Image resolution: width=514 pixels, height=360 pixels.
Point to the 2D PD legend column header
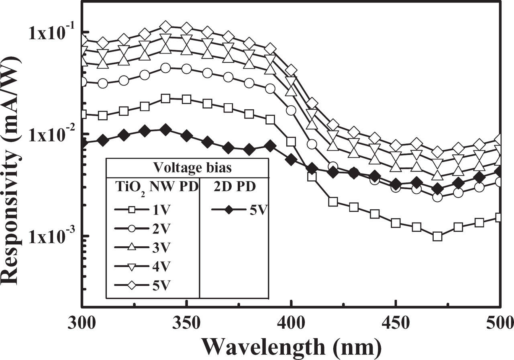point(234,187)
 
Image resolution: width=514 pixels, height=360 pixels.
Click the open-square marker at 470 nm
point(437,236)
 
